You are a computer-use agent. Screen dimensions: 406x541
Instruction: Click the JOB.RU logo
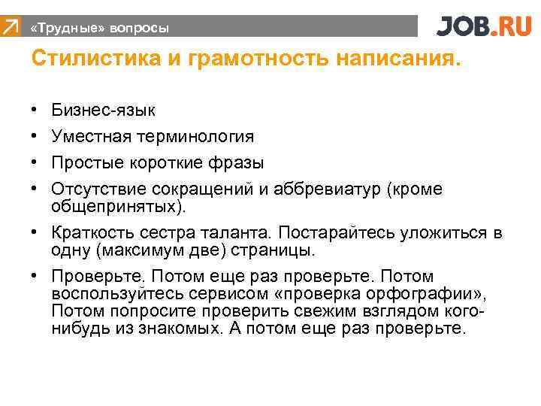click(483, 26)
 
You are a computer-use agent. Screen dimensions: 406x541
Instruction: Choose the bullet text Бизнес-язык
click(104, 111)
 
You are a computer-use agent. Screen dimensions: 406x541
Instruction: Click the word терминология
click(201, 137)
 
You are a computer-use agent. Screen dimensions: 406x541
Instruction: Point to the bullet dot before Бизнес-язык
click(35, 111)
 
